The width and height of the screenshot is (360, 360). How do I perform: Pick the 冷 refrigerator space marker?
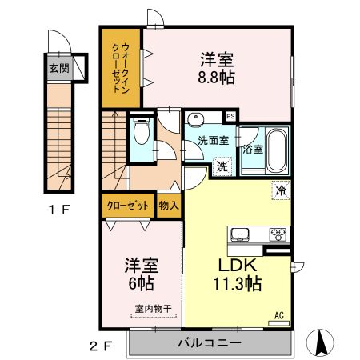pos(281,190)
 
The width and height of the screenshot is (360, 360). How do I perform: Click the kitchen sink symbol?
pos(241,234)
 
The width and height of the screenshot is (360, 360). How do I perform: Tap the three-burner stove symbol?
pos(278,234)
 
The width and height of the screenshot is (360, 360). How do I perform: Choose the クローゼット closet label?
pos(129,206)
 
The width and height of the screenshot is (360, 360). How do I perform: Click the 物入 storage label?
pos(169,206)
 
